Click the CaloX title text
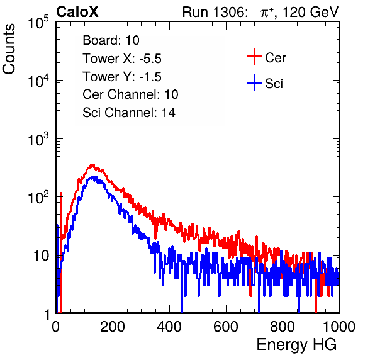[77, 12]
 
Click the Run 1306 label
[215, 12]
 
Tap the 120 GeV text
[311, 12]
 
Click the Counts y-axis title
[9, 48]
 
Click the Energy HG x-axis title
[296, 345]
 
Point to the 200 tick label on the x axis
[113, 326]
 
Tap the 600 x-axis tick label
[226, 326]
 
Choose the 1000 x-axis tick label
[339, 326]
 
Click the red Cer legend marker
[254, 57]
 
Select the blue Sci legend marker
[254, 83]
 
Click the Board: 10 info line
[111, 40]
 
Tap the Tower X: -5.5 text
[122, 59]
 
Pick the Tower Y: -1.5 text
[122, 77]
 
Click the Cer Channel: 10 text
[130, 94]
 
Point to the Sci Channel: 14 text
[129, 113]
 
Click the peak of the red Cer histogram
[92, 164]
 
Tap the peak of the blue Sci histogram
[94, 177]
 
